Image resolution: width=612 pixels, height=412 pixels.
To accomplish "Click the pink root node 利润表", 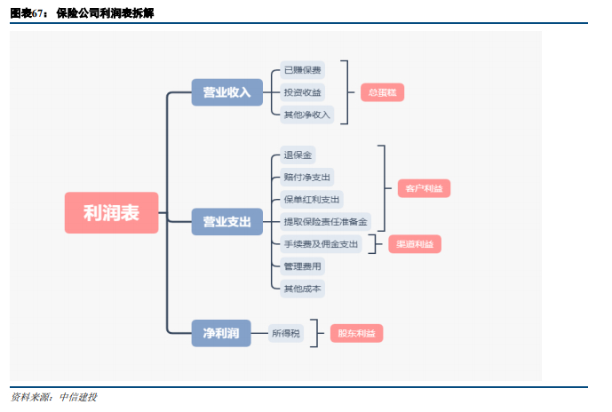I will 111,213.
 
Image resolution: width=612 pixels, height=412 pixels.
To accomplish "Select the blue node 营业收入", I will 227,92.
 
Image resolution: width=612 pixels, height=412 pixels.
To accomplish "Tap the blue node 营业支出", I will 227,221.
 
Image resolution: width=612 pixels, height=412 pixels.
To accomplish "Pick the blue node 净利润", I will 221,333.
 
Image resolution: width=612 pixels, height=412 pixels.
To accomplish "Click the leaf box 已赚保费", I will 302,70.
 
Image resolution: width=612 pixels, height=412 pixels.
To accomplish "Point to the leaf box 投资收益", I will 302,92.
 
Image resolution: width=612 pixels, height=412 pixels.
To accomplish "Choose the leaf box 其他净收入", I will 306,115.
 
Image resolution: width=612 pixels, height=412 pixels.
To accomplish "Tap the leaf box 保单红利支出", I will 311,199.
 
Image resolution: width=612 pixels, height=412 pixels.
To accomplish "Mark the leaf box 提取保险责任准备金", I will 324,221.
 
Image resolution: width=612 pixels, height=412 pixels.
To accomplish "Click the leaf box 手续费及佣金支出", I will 320,243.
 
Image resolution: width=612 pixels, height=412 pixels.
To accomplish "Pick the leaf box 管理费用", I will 302,265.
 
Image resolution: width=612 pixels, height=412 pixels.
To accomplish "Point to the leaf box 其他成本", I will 302,288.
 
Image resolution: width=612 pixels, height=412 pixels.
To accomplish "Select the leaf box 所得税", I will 286,333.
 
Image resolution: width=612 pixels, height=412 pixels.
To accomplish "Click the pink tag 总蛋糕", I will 382,92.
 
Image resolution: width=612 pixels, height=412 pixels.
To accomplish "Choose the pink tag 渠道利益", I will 415,243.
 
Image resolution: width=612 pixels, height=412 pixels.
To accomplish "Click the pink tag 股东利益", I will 357,333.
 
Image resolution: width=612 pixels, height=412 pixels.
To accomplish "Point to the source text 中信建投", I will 77,397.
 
